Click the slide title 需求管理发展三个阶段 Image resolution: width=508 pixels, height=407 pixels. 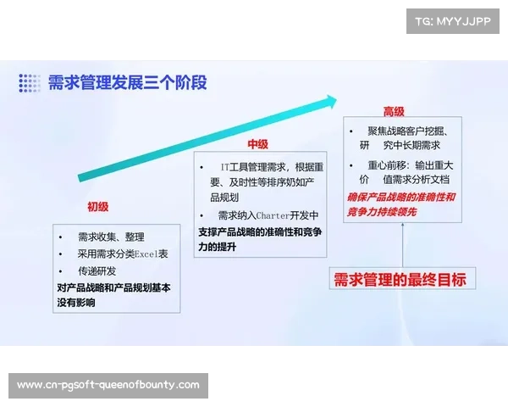point(127,82)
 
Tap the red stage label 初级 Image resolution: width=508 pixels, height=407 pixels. point(97,206)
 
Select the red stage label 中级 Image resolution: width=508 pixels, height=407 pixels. point(257,145)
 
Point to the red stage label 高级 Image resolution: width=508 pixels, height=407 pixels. point(394,112)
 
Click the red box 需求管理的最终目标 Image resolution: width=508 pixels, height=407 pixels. point(400,279)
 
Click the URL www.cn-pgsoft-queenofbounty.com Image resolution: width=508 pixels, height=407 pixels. point(108,385)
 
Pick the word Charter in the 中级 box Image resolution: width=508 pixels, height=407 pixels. point(273,215)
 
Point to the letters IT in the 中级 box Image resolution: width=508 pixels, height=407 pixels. point(225,167)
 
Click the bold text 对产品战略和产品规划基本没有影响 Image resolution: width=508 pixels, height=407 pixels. point(113,294)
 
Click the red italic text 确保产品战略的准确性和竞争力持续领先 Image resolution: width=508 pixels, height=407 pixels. point(401,203)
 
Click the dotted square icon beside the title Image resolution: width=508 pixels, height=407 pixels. point(30,83)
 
